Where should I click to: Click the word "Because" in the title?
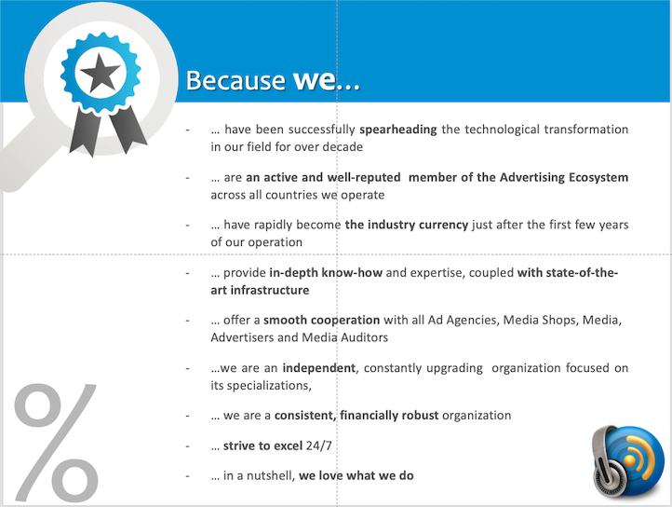[235, 80]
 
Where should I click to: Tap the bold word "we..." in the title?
[326, 80]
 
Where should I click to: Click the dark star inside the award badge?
[101, 73]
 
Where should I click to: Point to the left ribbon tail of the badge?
[87, 130]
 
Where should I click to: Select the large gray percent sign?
[56, 442]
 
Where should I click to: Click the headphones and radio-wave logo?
[628, 461]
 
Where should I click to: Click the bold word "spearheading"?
[398, 130]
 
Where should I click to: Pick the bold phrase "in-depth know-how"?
[326, 272]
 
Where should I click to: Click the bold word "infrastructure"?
[270, 290]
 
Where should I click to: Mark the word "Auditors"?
[364, 337]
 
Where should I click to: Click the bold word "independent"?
[319, 368]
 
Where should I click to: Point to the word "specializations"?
[268, 386]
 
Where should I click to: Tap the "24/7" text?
[319, 445]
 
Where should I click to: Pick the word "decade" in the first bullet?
[343, 147]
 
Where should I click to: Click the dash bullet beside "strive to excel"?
[187, 446]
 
